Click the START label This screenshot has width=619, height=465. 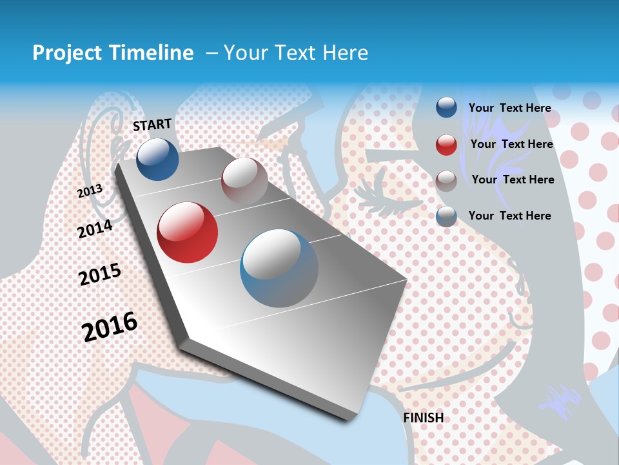tap(152, 125)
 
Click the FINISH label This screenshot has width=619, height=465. tap(424, 418)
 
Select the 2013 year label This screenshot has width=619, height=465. tap(90, 191)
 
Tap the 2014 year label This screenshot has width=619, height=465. tap(95, 229)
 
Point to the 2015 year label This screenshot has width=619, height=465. tap(99, 274)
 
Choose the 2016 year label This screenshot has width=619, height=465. tap(110, 326)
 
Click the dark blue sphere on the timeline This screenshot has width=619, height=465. tap(157, 159)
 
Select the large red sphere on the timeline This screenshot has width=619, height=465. tap(188, 232)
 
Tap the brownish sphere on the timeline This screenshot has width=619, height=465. tap(244, 181)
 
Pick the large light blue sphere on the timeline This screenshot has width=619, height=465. tap(279, 268)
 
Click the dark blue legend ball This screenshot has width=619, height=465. tap(446, 108)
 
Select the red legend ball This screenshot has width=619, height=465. tap(446, 145)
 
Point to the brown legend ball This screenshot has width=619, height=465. tap(446, 180)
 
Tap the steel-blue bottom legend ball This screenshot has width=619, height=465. tap(446, 216)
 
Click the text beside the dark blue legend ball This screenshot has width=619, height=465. tap(509, 108)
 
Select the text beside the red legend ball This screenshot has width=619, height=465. tap(511, 144)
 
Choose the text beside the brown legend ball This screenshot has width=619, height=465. tap(513, 180)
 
